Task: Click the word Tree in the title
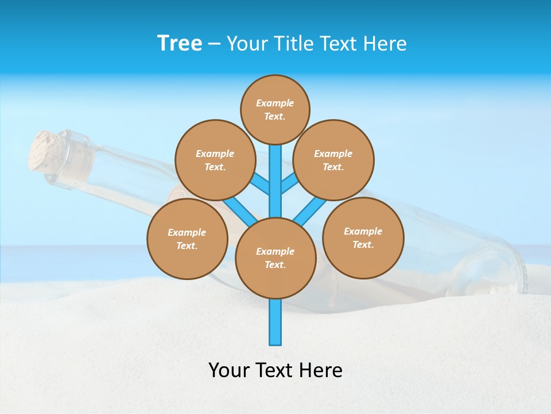(180, 44)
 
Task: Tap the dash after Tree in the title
(214, 44)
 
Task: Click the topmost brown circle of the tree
(275, 109)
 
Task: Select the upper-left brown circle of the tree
(215, 160)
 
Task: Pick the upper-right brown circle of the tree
(333, 160)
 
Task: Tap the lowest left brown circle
(187, 239)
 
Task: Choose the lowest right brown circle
(363, 237)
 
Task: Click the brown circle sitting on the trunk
(275, 258)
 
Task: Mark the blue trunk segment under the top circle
(275, 172)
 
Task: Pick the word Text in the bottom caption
(275, 370)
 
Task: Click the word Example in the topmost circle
(275, 103)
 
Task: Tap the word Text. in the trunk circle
(275, 265)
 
